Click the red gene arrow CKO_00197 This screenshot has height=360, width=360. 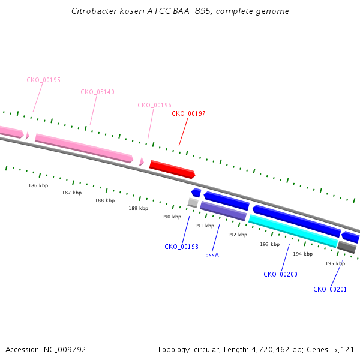point(172,169)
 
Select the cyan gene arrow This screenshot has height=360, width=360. point(293,231)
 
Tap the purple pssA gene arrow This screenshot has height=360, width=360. point(223,211)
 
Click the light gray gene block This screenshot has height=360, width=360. point(193,203)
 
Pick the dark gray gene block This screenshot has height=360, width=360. point(347,247)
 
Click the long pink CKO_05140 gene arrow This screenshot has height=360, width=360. point(84,148)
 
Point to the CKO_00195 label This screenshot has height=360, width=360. point(43,80)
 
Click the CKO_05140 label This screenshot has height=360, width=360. point(97,92)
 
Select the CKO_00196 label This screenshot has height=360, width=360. point(155,105)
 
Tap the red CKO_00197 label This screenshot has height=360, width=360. point(188,113)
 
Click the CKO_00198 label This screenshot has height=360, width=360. point(181,247)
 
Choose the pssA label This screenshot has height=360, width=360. point(212,256)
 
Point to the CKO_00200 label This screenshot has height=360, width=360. point(280,274)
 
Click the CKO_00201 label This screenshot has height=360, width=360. point(330,289)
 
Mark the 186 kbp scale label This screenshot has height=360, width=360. point(38,185)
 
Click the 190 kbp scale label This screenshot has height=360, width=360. point(171,217)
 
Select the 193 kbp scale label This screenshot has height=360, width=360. point(270,244)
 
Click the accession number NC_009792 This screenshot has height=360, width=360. point(65,350)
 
